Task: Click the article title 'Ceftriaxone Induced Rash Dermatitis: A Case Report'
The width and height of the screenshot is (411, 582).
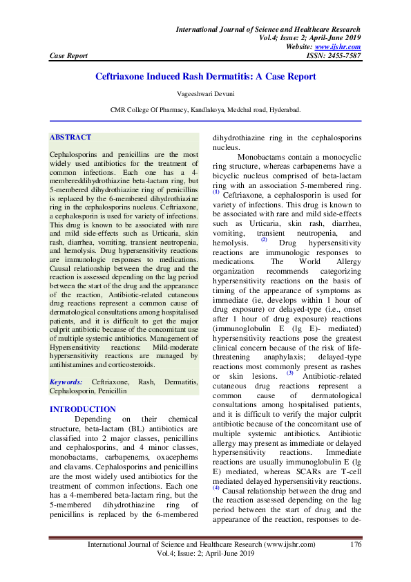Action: (x=205, y=76)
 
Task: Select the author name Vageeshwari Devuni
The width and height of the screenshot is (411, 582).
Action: (x=205, y=95)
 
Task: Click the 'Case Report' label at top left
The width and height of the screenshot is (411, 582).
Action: (x=68, y=56)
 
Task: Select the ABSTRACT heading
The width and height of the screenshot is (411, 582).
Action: (x=71, y=138)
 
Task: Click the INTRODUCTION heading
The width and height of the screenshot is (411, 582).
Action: (x=83, y=409)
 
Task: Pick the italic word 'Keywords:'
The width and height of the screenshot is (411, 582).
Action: (x=66, y=382)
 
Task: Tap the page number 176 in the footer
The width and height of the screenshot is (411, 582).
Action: (x=356, y=545)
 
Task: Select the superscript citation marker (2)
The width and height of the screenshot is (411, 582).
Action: (x=263, y=240)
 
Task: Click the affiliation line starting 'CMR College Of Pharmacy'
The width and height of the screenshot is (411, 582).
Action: (x=205, y=109)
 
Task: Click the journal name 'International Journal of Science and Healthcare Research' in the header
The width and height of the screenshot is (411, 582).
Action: (x=269, y=30)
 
